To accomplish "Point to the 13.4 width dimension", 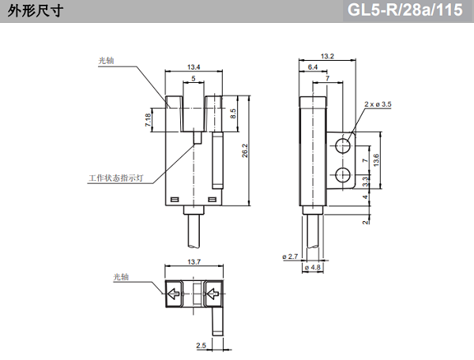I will coord(193,66).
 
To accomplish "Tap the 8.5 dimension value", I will coord(233,114).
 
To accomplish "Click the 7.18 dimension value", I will coord(149,120).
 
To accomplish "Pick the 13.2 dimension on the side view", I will coord(328,55).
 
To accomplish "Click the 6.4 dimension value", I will coord(313,67).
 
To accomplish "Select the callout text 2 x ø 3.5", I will coord(378,103).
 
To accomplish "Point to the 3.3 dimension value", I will coord(365,182).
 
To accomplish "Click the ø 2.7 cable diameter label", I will coord(289,257).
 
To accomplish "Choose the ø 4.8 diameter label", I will coord(313,268).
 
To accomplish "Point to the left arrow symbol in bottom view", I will coord(173,295).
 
